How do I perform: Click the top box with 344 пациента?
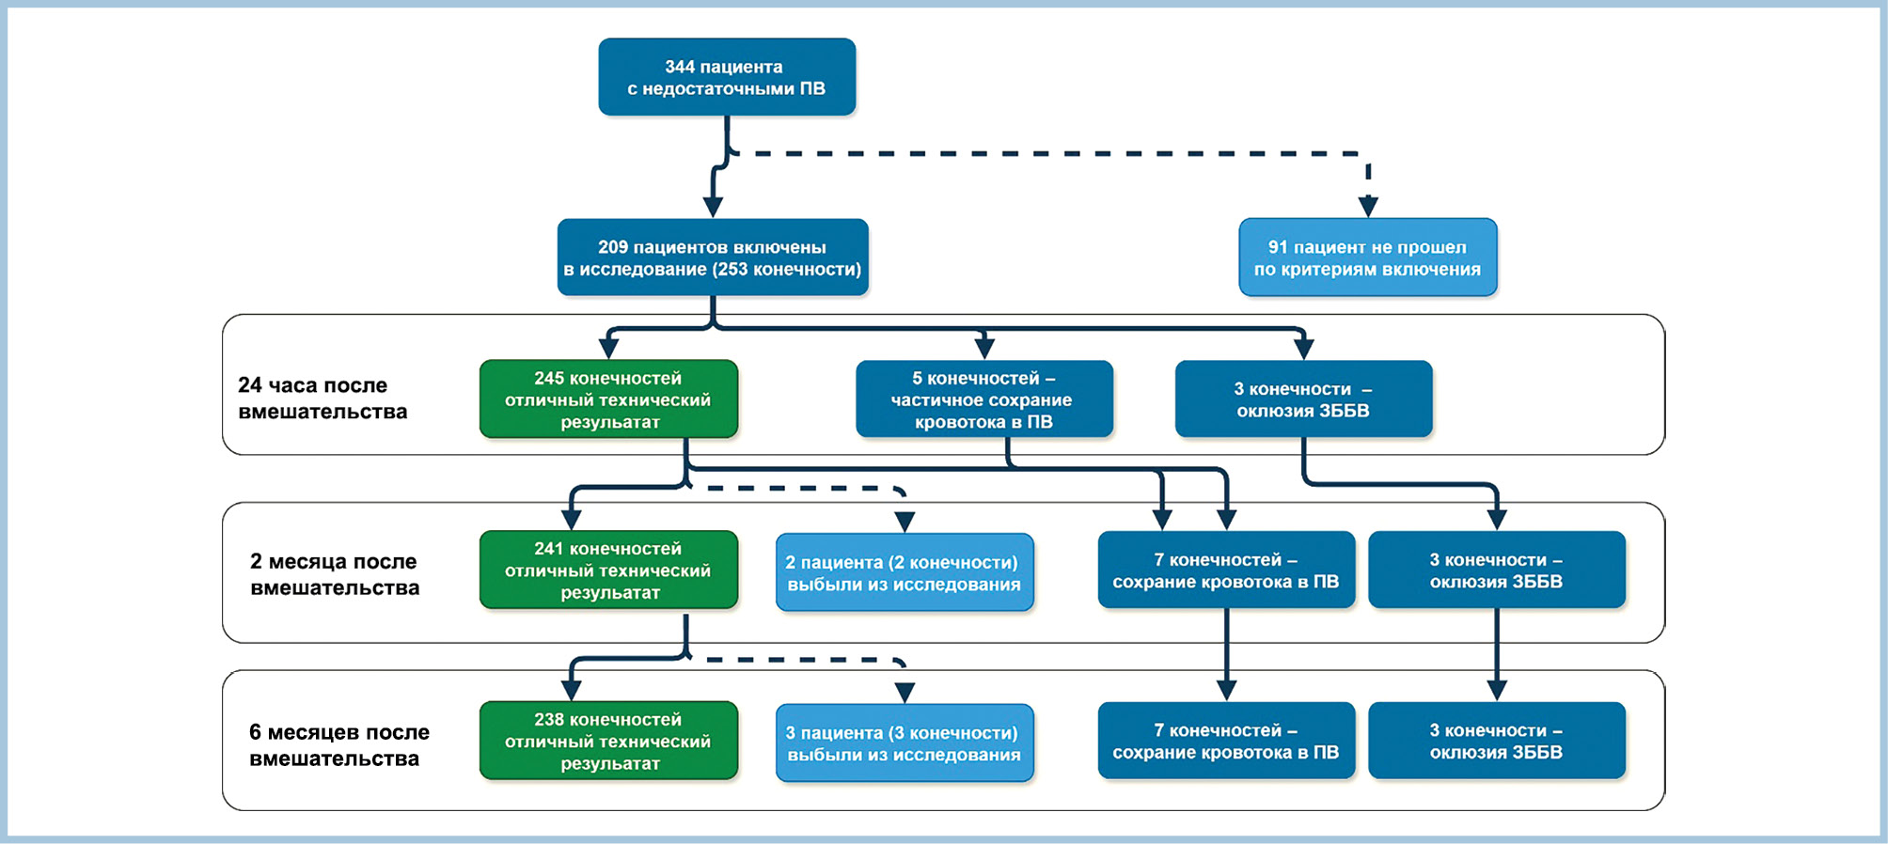(x=727, y=77)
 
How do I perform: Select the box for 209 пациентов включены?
(x=713, y=258)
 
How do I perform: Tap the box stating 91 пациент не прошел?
(x=1368, y=258)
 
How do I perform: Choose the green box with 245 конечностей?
(x=608, y=399)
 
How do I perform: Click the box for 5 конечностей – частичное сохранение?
(x=984, y=399)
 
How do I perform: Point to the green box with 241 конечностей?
(x=608, y=570)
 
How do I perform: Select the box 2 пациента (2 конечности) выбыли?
(x=905, y=572)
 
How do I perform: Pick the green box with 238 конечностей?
(x=608, y=741)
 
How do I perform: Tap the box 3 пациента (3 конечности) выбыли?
(x=905, y=742)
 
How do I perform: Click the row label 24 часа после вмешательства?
(x=323, y=399)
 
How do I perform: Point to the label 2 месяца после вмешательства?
(x=335, y=574)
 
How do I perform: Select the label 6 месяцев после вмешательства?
(x=338, y=745)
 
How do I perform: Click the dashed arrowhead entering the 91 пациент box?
(x=1368, y=207)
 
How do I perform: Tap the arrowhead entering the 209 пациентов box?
(x=714, y=207)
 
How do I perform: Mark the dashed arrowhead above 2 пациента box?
(x=905, y=522)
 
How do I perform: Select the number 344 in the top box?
(x=680, y=67)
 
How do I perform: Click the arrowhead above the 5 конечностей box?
(x=984, y=349)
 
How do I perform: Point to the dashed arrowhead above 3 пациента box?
(x=905, y=693)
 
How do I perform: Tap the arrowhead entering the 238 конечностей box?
(x=571, y=691)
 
